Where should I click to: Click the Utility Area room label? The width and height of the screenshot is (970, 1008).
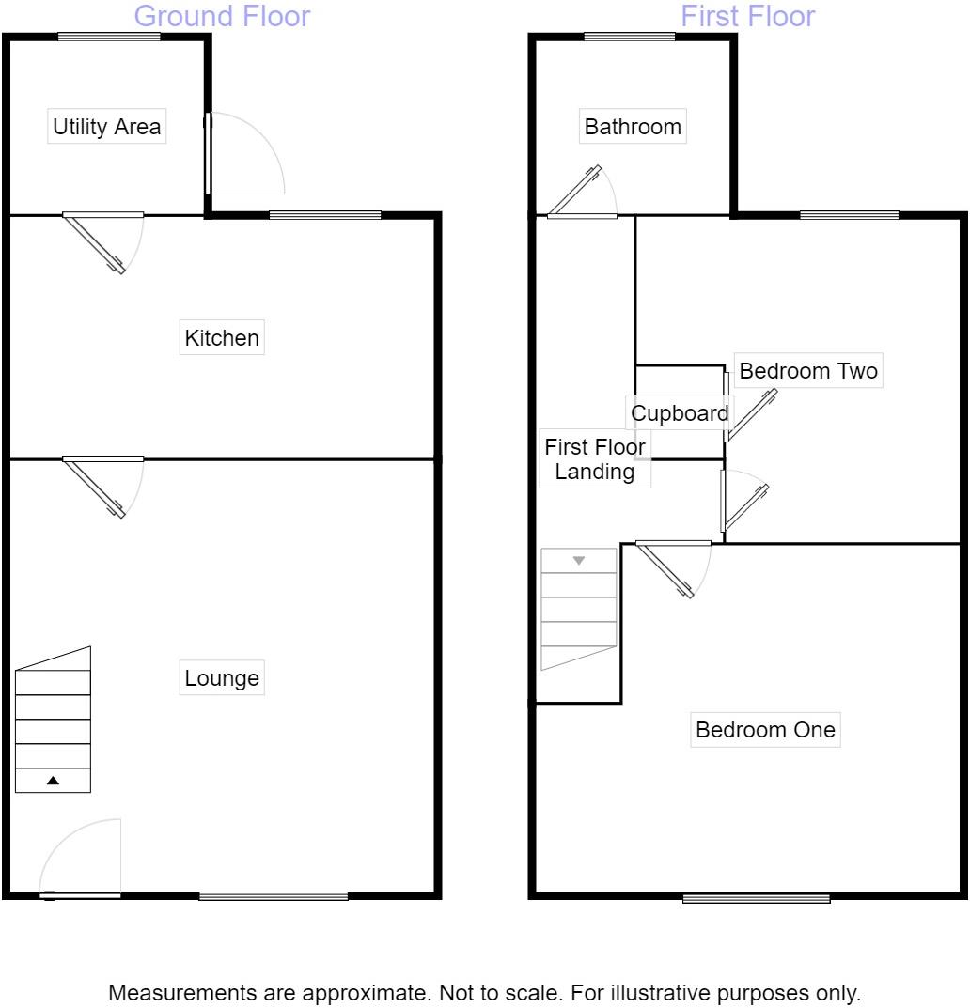point(106,127)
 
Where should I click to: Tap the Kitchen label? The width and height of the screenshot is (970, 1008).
point(222,338)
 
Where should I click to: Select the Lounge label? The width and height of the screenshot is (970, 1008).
point(222,678)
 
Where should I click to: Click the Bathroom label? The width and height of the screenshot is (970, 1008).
point(633,127)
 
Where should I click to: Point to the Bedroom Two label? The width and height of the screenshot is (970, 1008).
point(808,371)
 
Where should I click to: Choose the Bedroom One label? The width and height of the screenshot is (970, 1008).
point(765,730)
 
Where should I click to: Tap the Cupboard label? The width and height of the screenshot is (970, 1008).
point(680,413)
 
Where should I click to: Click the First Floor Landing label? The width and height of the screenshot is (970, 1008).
point(595,459)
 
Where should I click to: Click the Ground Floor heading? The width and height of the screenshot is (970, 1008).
point(222,16)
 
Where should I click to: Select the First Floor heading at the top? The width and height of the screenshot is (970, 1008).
point(747,16)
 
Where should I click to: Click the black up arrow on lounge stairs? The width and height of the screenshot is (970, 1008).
point(54,781)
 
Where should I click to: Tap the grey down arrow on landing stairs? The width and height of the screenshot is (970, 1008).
point(579,561)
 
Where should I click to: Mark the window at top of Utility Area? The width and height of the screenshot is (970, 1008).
point(108,38)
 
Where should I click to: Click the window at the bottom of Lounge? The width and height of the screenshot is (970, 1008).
point(274,896)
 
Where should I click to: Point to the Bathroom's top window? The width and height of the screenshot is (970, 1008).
point(629,38)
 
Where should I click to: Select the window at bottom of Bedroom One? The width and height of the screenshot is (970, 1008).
point(756,899)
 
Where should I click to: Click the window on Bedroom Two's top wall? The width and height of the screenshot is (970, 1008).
point(849,215)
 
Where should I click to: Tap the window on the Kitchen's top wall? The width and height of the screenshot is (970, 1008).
point(325,215)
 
